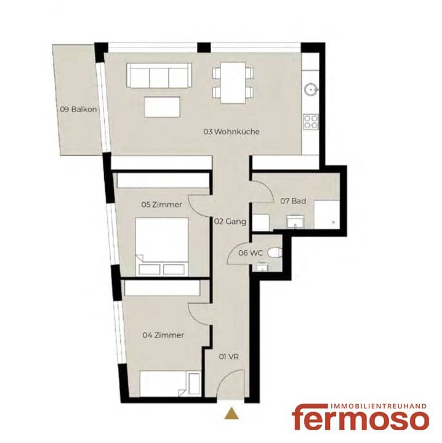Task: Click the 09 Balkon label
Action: click(x=78, y=109)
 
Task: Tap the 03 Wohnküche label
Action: click(x=231, y=132)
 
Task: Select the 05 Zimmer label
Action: click(x=162, y=205)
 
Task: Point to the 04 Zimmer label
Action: click(x=163, y=335)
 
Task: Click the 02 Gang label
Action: click(x=230, y=222)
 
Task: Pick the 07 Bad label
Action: click(x=293, y=201)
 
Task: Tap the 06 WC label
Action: click(x=251, y=253)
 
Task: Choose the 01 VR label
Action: click(x=229, y=357)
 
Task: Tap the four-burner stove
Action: click(x=311, y=122)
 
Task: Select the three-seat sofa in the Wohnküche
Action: click(x=159, y=75)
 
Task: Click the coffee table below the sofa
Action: click(x=163, y=107)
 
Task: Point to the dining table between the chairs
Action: click(x=233, y=83)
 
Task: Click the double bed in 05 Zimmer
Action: click(x=162, y=246)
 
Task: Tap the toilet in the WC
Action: click(x=275, y=253)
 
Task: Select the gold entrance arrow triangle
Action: click(x=231, y=413)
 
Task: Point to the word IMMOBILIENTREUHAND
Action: click(x=378, y=406)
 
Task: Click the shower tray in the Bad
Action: click(x=327, y=214)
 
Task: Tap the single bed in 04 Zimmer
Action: click(x=170, y=384)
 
